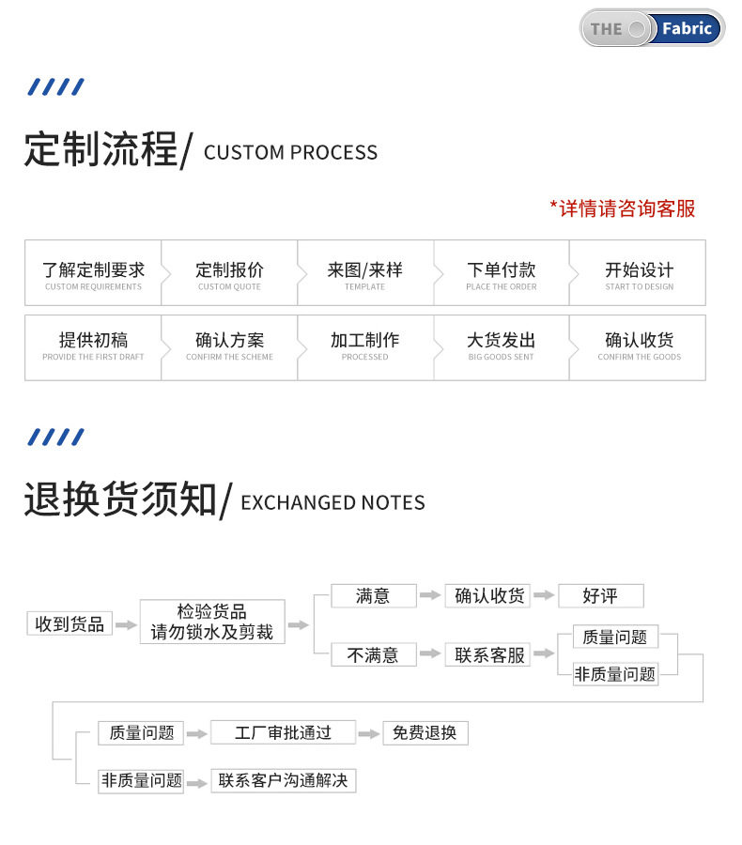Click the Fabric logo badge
click(x=652, y=28)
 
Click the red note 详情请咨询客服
click(x=622, y=208)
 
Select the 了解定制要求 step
click(x=93, y=273)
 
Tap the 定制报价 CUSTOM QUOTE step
click(x=229, y=273)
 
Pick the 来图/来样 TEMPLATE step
click(x=364, y=273)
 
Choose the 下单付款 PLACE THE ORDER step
click(x=502, y=273)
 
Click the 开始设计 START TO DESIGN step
click(x=639, y=273)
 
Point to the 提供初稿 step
click(x=93, y=345)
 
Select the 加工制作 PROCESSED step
click(x=364, y=345)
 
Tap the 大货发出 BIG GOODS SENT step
click(x=502, y=345)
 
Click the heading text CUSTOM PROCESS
click(x=290, y=153)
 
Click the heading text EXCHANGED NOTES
click(x=332, y=503)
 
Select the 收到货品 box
click(x=70, y=623)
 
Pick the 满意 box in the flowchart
click(x=373, y=595)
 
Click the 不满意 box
click(x=373, y=654)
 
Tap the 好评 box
click(x=600, y=595)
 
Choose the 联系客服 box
click(x=488, y=654)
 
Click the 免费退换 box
click(x=425, y=732)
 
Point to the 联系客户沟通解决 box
click(x=283, y=780)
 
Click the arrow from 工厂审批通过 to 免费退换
click(x=369, y=733)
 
